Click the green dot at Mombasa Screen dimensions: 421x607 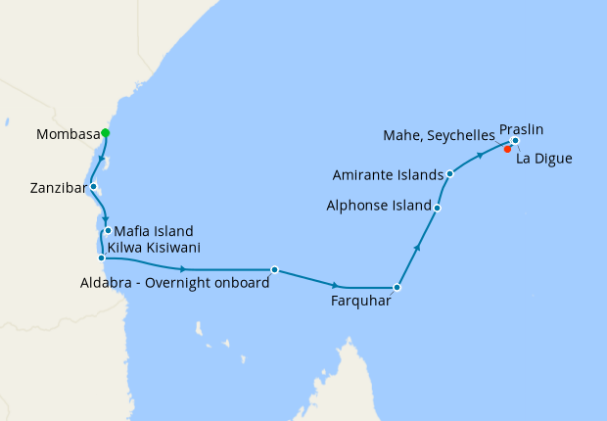point(105,133)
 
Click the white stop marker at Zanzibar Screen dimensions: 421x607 point(94,186)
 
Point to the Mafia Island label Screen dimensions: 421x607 point(155,231)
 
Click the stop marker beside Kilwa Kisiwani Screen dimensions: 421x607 point(102,258)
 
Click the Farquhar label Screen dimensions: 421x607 point(361,301)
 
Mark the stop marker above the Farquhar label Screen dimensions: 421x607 point(397,288)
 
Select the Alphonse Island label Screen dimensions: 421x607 point(379,207)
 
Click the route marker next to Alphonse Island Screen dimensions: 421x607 point(437,208)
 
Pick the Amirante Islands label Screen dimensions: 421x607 point(386,176)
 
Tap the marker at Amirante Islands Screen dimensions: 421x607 point(449,174)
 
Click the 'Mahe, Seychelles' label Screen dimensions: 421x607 point(440,137)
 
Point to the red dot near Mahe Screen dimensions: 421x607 point(507,150)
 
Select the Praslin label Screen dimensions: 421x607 point(521,128)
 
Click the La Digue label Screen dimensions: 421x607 point(543,158)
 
